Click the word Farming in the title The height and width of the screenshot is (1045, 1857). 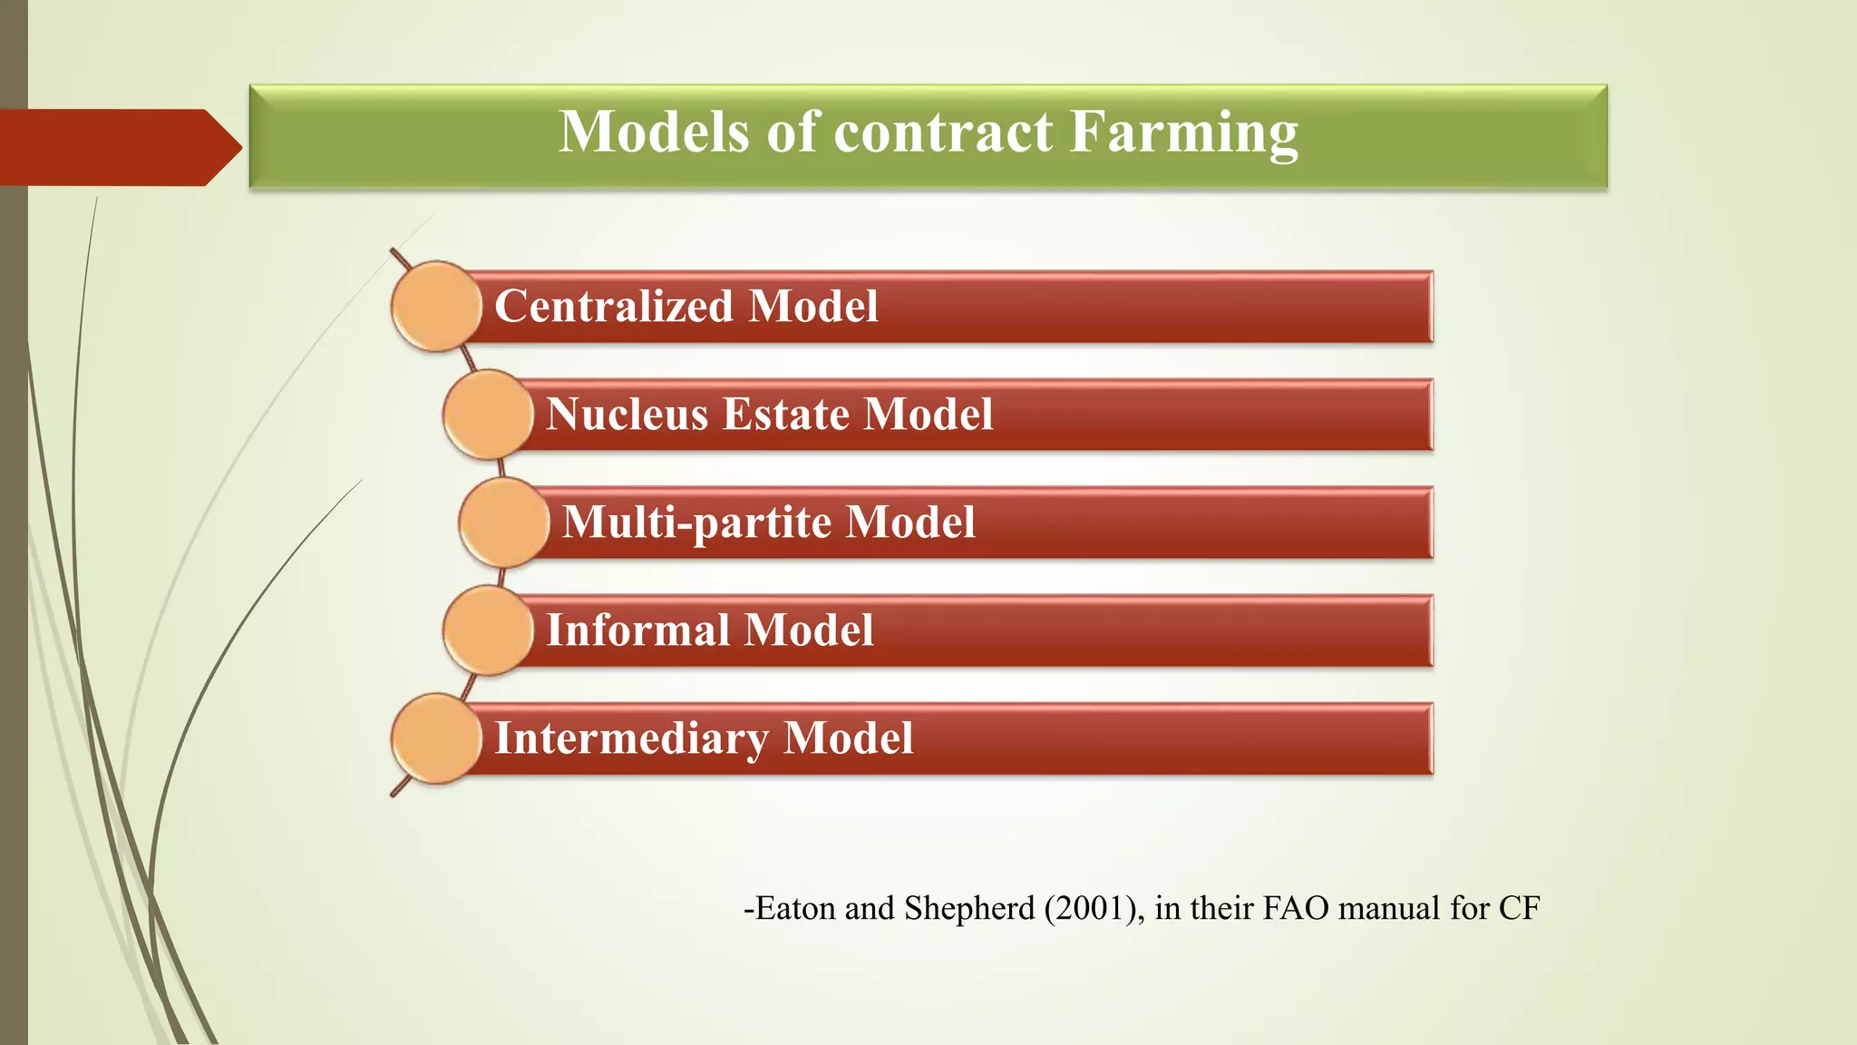(x=1183, y=132)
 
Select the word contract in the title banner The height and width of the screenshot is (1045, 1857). (x=943, y=132)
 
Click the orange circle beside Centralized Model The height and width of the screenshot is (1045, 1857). (x=436, y=307)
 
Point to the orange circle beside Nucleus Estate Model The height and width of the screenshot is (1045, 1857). (x=488, y=415)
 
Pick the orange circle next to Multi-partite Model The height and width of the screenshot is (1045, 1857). (x=503, y=522)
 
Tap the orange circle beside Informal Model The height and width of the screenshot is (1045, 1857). (x=488, y=630)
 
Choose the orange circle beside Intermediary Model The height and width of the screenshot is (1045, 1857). (x=436, y=738)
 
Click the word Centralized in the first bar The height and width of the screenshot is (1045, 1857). (x=614, y=307)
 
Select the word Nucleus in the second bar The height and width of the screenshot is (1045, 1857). (x=627, y=415)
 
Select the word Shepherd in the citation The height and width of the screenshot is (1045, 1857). (x=969, y=908)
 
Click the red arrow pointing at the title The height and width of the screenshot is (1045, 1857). (x=118, y=148)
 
